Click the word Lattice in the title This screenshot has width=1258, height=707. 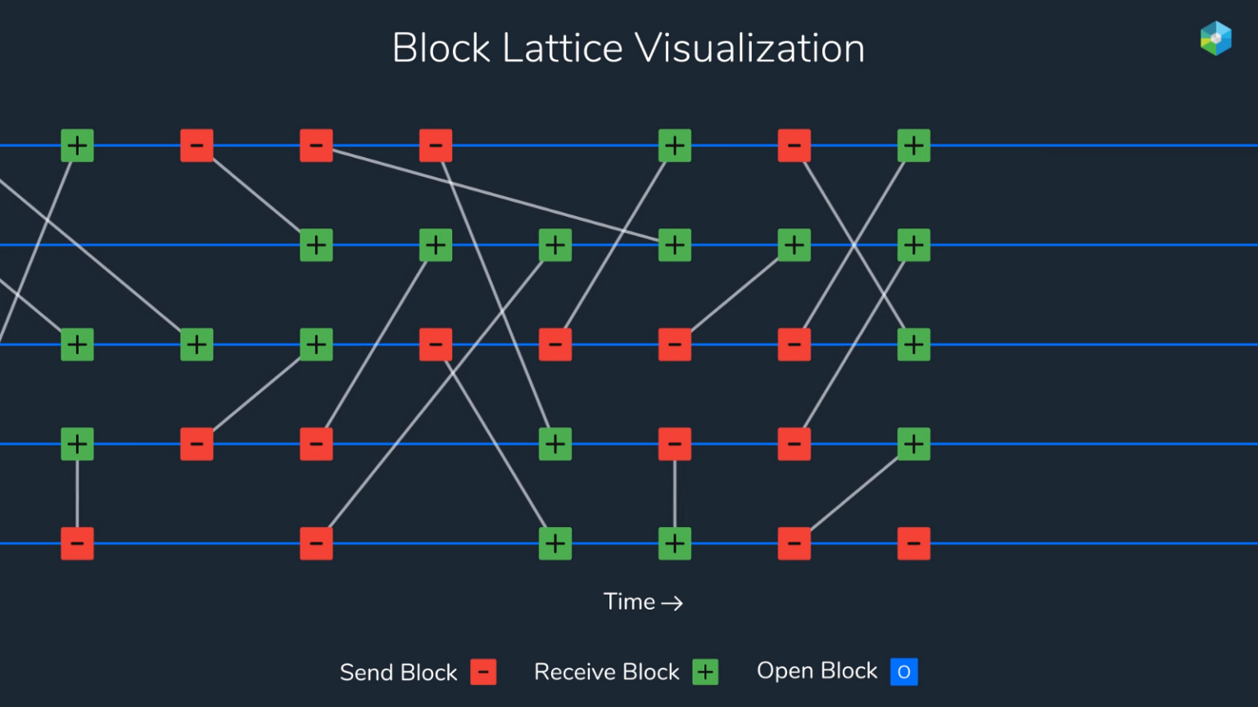pyautogui.click(x=562, y=48)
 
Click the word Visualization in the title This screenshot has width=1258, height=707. pyautogui.click(x=750, y=48)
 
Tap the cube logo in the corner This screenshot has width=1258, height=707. pyautogui.click(x=1215, y=38)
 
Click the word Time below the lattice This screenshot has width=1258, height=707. pyautogui.click(x=629, y=602)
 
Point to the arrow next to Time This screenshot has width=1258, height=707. pyautogui.click(x=672, y=603)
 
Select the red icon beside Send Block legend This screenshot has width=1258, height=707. pyautogui.click(x=483, y=672)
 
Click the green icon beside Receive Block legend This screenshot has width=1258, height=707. pyautogui.click(x=705, y=672)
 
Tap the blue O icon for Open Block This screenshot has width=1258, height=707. pyautogui.click(x=904, y=672)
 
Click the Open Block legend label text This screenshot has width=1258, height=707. pyautogui.click(x=817, y=671)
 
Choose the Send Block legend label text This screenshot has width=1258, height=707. pyautogui.click(x=398, y=673)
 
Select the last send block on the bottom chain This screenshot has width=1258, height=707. pyautogui.click(x=913, y=543)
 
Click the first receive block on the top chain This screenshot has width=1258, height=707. pyautogui.click(x=77, y=146)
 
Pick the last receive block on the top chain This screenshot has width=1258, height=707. pyautogui.click(x=913, y=146)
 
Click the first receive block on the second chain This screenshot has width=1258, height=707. pyautogui.click(x=316, y=245)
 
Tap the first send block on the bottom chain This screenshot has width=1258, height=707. pyautogui.click(x=77, y=543)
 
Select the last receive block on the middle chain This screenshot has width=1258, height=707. pyautogui.click(x=913, y=344)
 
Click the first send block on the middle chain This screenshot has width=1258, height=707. pyautogui.click(x=436, y=344)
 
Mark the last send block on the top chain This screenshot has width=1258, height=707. pyautogui.click(x=794, y=146)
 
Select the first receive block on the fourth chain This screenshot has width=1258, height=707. pyautogui.click(x=77, y=444)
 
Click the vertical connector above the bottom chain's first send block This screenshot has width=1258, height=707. pyautogui.click(x=77, y=494)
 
